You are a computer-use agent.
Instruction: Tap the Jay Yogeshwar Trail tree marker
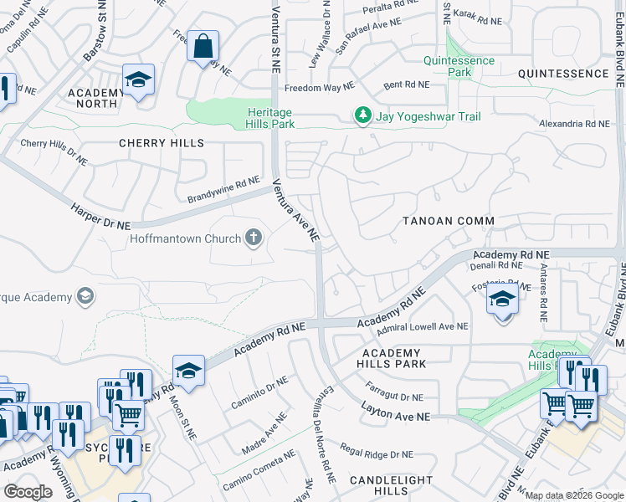[x=362, y=116]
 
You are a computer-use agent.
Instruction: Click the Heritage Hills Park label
[x=270, y=118]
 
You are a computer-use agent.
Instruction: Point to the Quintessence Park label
[x=459, y=67]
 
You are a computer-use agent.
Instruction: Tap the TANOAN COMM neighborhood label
[x=448, y=221]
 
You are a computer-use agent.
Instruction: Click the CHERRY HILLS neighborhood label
[x=162, y=143]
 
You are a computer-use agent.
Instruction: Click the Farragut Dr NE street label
[x=395, y=392]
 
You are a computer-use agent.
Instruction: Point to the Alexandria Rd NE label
[x=575, y=124]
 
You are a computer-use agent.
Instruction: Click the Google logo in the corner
[x=27, y=492]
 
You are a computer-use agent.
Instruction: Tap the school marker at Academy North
[x=139, y=80]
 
